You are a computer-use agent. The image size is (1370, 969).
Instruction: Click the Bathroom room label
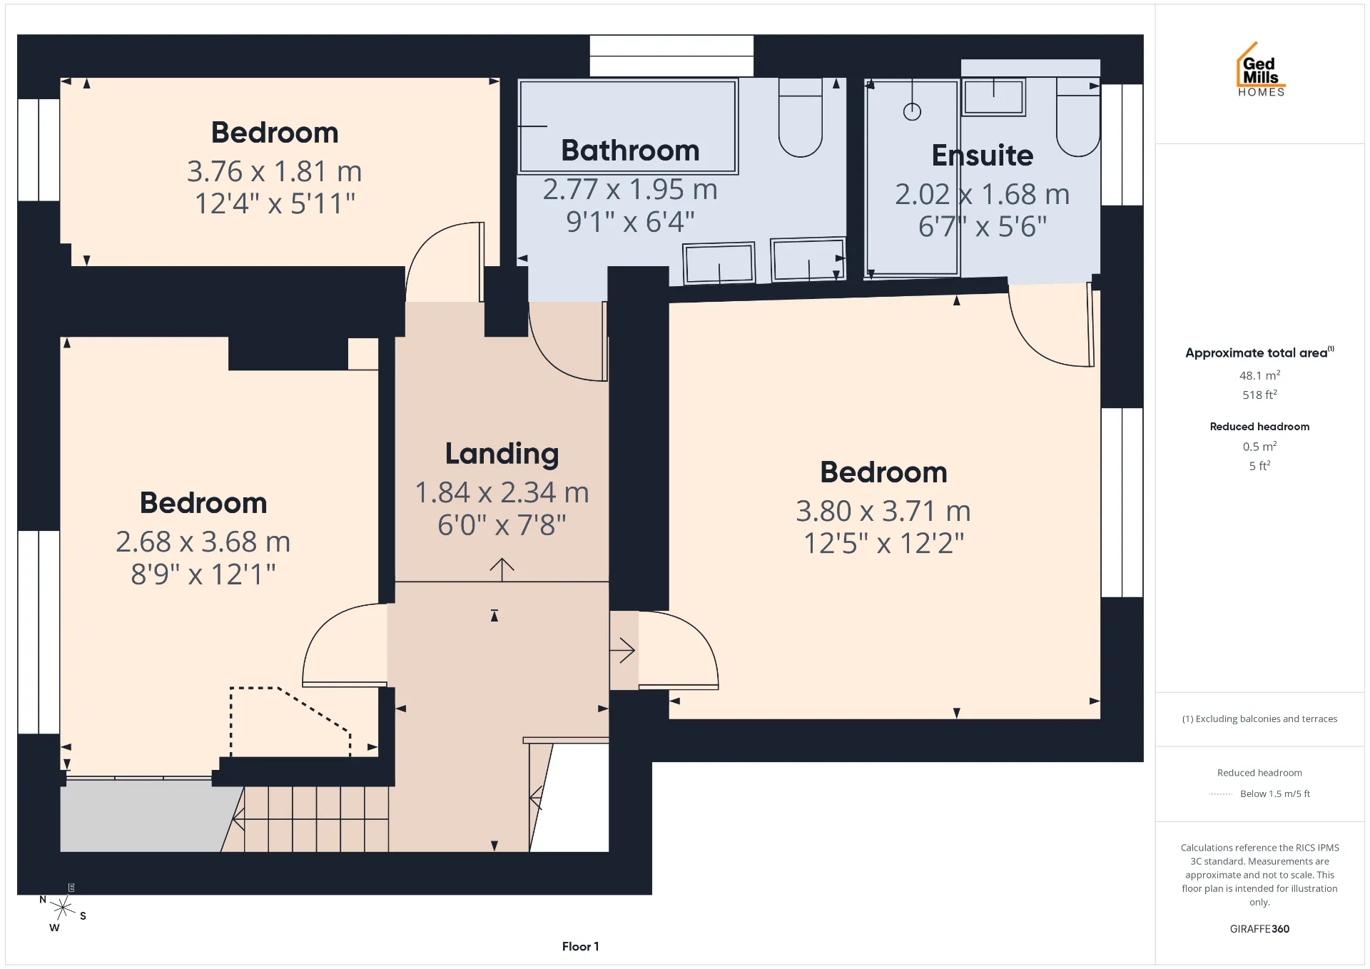point(630,151)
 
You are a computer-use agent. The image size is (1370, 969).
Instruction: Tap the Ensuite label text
point(983,156)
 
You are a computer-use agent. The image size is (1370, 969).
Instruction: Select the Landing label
point(502,454)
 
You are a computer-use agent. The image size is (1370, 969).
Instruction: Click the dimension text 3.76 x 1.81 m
point(275,171)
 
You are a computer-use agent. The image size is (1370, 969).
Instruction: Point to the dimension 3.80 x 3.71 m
point(883,511)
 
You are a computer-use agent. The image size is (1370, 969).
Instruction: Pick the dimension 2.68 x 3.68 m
point(203,542)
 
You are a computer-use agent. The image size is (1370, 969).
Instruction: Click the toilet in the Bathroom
point(801,118)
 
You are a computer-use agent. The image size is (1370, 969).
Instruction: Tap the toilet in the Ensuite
point(1078,118)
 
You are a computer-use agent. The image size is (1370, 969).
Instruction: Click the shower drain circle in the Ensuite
point(912,112)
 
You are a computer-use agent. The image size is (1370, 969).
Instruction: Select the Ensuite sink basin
point(993,97)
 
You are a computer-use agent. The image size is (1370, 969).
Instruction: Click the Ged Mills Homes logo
point(1261,69)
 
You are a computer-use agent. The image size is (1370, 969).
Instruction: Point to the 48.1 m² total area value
point(1259,375)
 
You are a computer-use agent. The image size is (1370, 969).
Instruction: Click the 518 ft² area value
point(1259,394)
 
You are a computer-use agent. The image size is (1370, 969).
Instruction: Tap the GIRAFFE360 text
point(1259,928)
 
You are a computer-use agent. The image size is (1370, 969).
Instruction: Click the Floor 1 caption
point(580,946)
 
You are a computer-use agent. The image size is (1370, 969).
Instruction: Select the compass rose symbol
point(63,908)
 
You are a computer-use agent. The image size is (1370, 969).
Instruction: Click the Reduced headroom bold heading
point(1259,426)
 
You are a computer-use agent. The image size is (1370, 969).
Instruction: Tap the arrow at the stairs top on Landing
point(502,569)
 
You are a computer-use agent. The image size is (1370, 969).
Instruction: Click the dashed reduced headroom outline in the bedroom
point(290,721)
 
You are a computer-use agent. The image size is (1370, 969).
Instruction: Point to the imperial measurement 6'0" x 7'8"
point(502,525)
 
